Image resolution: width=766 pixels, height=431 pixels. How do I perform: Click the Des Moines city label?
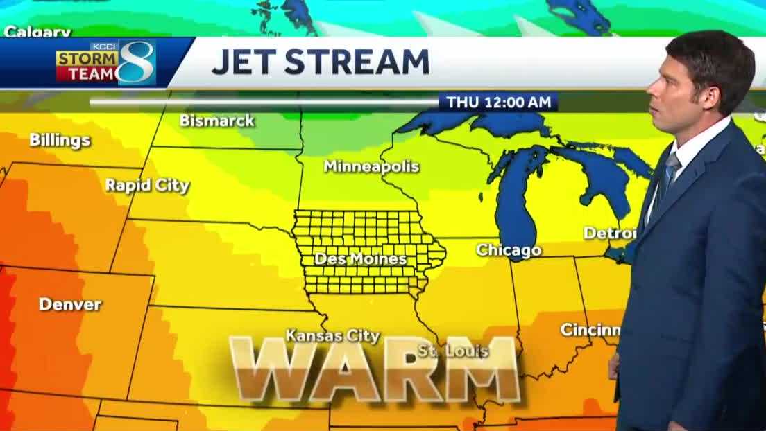click(360, 258)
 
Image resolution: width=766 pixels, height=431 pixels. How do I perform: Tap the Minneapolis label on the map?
click(371, 166)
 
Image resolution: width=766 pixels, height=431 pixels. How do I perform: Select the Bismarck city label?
click(217, 121)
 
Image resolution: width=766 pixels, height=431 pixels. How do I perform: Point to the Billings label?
click(60, 140)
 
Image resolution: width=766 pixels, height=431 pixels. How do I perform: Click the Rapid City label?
click(147, 185)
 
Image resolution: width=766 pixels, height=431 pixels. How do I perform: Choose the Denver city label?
click(70, 304)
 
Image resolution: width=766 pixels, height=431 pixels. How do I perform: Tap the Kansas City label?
click(333, 336)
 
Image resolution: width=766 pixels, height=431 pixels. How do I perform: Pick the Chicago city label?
click(508, 250)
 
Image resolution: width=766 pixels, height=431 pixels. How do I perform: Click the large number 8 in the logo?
click(137, 62)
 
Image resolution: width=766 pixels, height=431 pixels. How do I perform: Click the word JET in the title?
click(243, 62)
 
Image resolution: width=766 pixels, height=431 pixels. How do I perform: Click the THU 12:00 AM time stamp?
click(499, 102)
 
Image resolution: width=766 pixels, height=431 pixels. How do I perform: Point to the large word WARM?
click(375, 369)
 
